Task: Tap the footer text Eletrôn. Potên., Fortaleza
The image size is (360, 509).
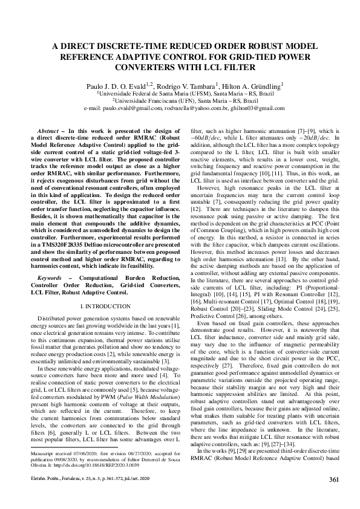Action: point(52,497)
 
